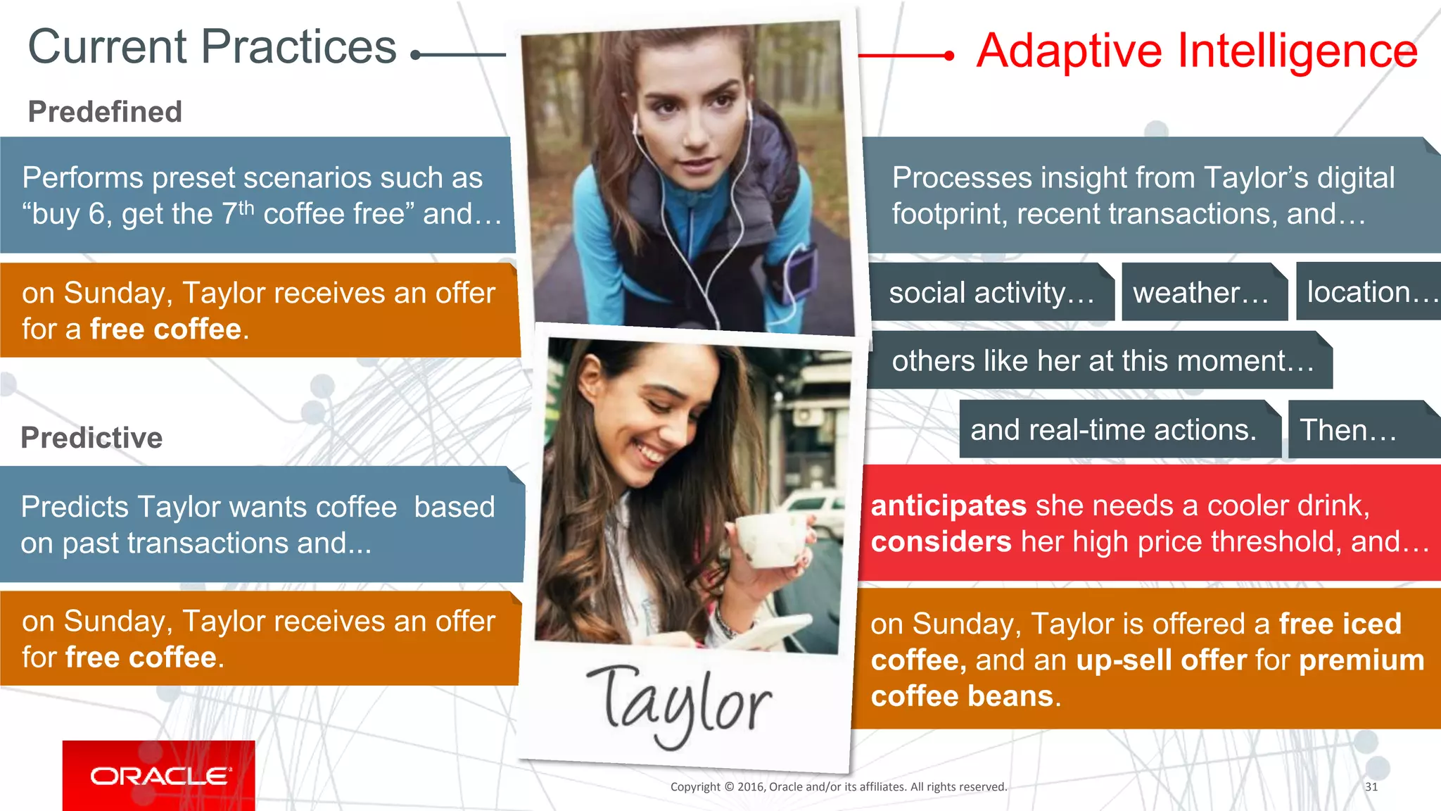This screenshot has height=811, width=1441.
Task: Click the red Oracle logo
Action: [x=159, y=775]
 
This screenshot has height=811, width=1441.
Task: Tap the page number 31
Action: [x=1371, y=786]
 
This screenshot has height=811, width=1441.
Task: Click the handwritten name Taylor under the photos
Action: [x=679, y=704]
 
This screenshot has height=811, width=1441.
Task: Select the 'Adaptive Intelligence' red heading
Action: [x=1196, y=51]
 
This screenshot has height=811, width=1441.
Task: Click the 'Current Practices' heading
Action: [x=212, y=47]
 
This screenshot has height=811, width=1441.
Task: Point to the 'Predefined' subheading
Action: [x=105, y=111]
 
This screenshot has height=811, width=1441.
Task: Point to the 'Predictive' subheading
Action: [x=91, y=437]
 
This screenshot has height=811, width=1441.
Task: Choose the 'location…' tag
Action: [x=1369, y=291]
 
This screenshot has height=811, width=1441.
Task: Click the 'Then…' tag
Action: [x=1348, y=429]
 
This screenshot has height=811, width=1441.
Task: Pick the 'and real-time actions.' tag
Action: [x=1114, y=429]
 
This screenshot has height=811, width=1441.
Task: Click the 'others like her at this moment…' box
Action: [x=1101, y=360]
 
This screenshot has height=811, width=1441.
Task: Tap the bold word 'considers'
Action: [x=941, y=541]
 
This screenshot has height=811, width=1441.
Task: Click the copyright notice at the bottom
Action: [x=838, y=786]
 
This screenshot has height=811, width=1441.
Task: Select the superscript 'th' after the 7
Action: [x=246, y=207]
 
